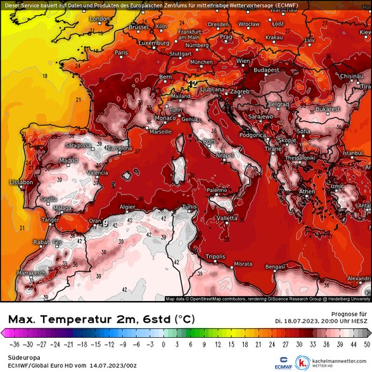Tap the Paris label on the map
coord(121,53)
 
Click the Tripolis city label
coord(216,257)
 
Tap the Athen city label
coord(307,191)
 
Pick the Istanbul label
coord(352,153)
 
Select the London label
coord(99,19)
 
